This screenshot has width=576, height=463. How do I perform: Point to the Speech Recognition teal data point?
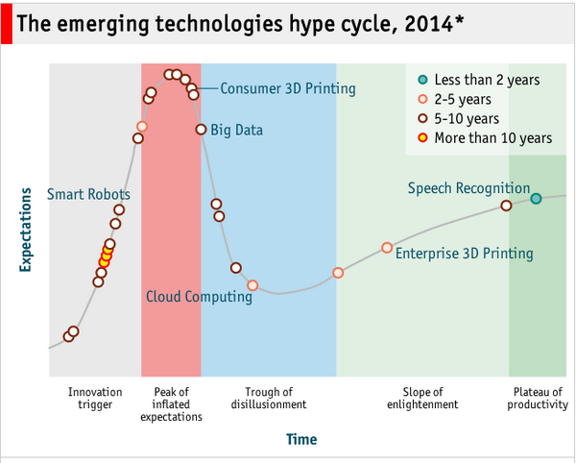pos(536,199)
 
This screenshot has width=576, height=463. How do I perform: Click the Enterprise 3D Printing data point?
pos(387,248)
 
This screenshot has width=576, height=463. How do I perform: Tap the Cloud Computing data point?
pos(252,285)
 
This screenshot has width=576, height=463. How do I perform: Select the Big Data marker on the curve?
pos(201,130)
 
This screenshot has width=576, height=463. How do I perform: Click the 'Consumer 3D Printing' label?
pos(288,89)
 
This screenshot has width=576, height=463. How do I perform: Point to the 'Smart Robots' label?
pos(88,195)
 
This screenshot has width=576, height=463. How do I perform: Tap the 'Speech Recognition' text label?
pos(468,188)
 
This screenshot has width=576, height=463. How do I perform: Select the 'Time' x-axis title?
pos(300,439)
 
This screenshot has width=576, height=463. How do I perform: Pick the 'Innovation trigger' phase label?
pos(96,398)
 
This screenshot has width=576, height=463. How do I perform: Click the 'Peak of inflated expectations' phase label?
pos(171,404)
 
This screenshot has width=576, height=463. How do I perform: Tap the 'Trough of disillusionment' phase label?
pos(269,398)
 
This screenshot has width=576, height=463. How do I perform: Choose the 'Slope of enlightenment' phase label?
pos(422,398)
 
